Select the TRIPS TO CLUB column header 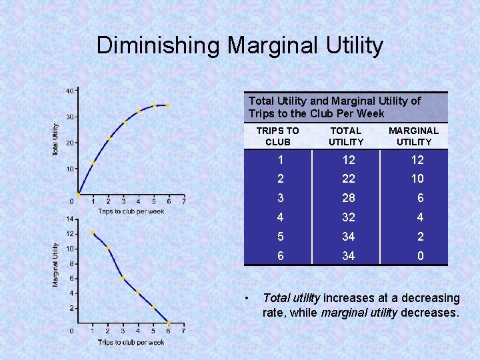point(278,136)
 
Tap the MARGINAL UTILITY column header point(414,136)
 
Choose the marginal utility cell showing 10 point(417,179)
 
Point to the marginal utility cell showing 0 point(420,256)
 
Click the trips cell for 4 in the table point(281,217)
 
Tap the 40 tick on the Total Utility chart point(69,91)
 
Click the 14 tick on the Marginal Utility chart point(69,219)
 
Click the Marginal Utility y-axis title point(56,265)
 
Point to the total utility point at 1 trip point(93,163)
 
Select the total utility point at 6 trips point(168,105)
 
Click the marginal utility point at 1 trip point(93,233)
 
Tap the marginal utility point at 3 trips point(123,278)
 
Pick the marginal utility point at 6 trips point(168,323)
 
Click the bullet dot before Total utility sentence point(247,298)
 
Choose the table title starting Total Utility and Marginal point(335,107)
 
